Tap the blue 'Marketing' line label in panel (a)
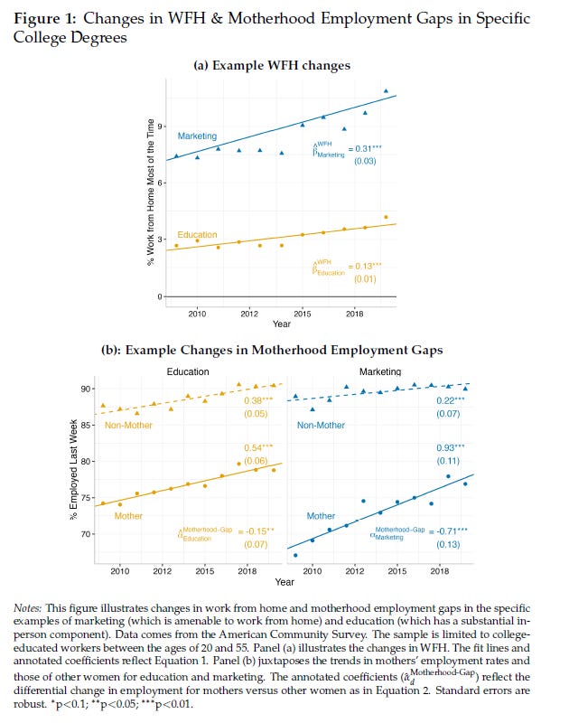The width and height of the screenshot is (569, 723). (x=197, y=136)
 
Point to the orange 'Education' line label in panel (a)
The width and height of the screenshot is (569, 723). (x=197, y=235)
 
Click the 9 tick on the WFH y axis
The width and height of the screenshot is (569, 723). (x=160, y=126)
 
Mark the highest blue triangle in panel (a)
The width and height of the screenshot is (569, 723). (x=386, y=90)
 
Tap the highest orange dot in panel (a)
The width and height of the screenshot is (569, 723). (x=386, y=217)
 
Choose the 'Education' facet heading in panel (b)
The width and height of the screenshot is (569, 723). (x=188, y=371)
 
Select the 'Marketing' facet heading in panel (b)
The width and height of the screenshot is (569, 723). (x=380, y=371)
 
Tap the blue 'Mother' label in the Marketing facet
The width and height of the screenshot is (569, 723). (x=321, y=516)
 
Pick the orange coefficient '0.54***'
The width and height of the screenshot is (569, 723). (x=258, y=447)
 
